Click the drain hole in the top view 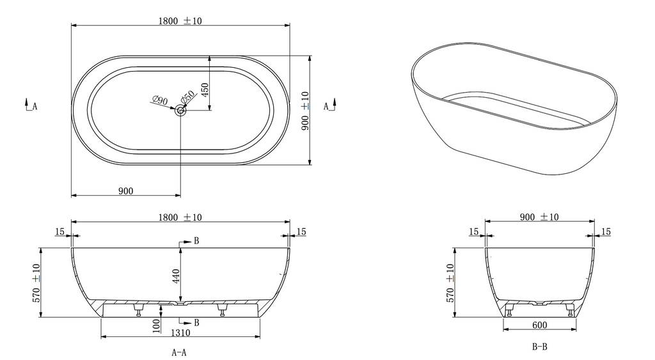pos(180,110)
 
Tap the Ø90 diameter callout pos(160,100)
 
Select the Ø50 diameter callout pos(187,97)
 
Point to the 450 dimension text pos(205,90)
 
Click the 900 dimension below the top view pos(126,191)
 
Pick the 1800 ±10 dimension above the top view pos(180,21)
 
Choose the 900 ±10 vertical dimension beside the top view pos(305,111)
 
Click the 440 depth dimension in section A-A pos(176,276)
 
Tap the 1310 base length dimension pos(180,333)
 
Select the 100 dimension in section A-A pos(156,325)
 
